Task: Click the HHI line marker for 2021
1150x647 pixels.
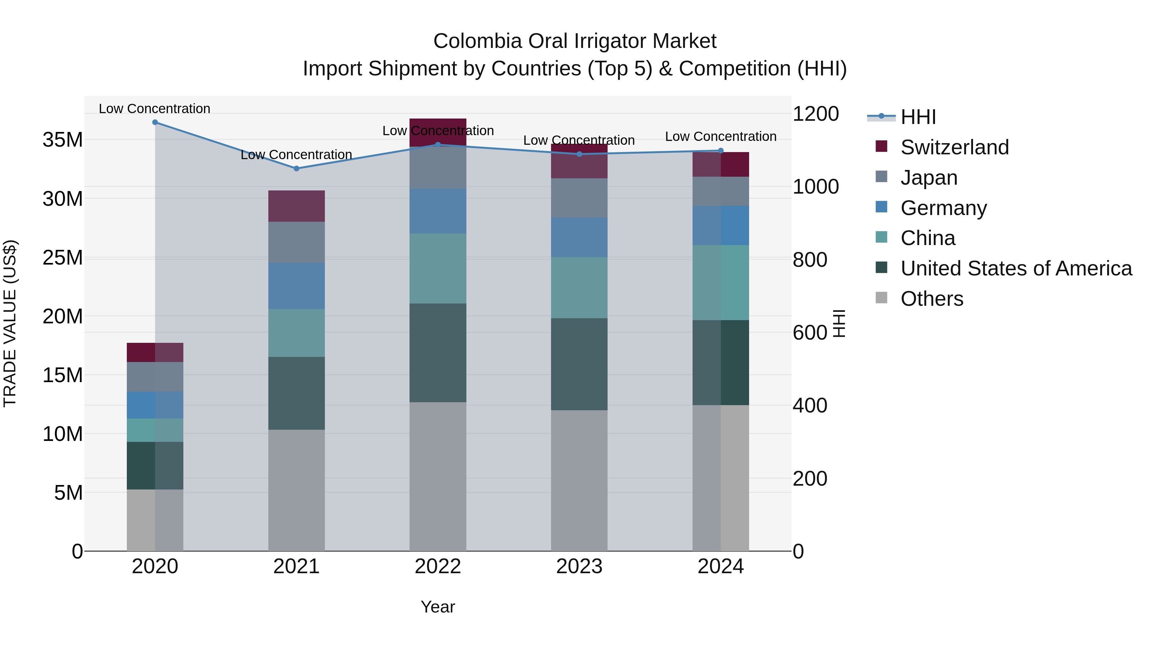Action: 296,169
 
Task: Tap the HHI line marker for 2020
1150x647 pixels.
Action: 155,122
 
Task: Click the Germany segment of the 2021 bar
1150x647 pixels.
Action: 296,286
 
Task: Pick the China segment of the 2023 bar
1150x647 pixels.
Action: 579,288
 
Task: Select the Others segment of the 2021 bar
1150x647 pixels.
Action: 296,490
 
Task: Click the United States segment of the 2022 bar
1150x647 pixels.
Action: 438,353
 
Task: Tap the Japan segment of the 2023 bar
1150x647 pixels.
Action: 579,198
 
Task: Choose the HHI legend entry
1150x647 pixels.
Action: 918,117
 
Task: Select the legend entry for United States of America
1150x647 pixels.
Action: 1016,268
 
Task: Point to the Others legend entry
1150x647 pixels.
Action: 932,299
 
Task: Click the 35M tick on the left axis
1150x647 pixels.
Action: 63,140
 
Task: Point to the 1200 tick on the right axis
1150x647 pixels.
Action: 816,114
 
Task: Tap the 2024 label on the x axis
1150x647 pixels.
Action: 721,566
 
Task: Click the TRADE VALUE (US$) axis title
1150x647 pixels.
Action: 10,323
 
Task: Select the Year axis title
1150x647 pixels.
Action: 438,607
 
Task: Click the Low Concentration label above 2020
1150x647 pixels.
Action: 155,109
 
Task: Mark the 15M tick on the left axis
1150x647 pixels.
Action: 63,375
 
